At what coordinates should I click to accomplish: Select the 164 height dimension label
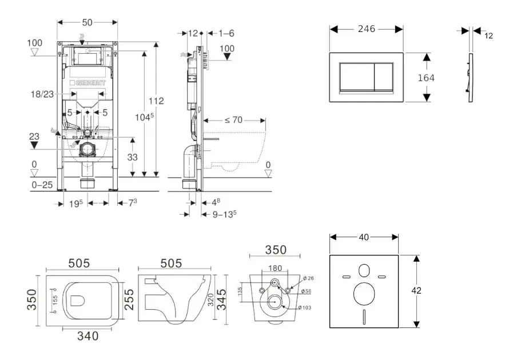point(442,77)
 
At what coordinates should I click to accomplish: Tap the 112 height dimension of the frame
point(156,101)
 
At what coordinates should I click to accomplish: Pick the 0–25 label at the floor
point(41,185)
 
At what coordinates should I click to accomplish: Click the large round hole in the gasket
point(364,294)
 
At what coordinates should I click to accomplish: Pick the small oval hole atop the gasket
point(364,271)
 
